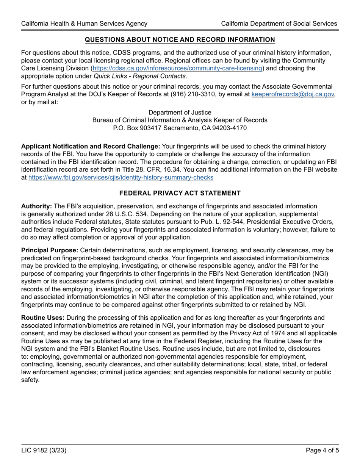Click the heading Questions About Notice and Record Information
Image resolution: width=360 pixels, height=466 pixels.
(180, 40)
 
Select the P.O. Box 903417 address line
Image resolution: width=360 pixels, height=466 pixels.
(180, 128)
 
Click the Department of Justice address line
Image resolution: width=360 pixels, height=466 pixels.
(180, 113)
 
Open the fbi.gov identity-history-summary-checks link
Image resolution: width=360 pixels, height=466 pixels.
(121, 177)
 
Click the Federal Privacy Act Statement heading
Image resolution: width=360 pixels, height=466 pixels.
(180, 193)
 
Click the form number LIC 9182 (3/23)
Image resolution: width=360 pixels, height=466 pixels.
(44, 451)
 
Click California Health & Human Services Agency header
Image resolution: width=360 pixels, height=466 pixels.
(84, 23)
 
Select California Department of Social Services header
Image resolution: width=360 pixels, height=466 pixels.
(279, 23)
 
